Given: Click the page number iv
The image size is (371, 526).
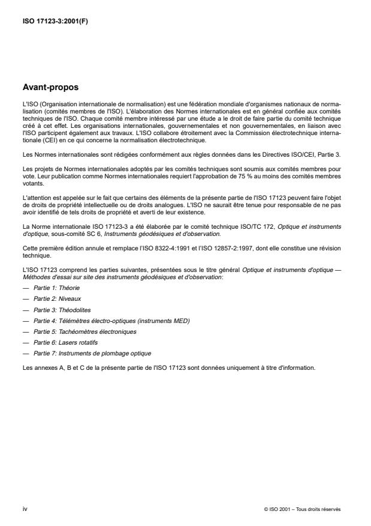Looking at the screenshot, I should [x=25, y=509].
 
